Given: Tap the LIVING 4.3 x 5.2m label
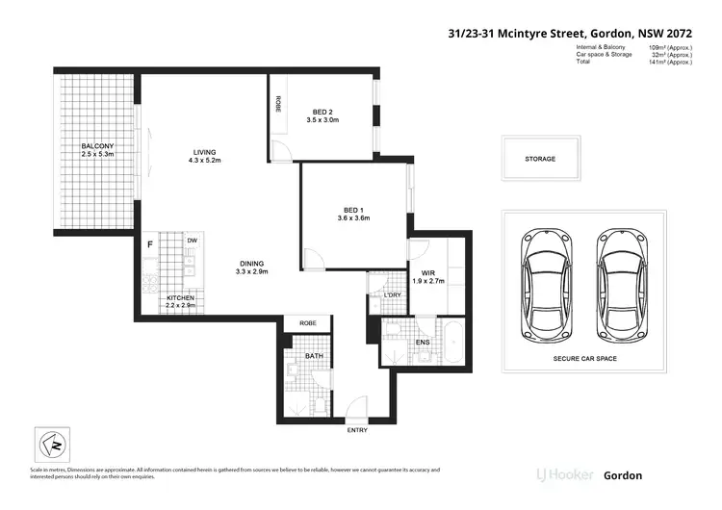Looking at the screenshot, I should click(204, 156).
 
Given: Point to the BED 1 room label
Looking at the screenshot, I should click(353, 214).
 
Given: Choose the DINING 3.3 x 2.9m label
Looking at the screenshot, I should click(254, 268).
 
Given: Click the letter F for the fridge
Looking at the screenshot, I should click(149, 244).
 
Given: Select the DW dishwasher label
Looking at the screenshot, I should click(192, 240).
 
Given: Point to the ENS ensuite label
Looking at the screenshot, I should click(422, 343).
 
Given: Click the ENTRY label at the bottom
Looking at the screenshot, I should click(357, 430).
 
